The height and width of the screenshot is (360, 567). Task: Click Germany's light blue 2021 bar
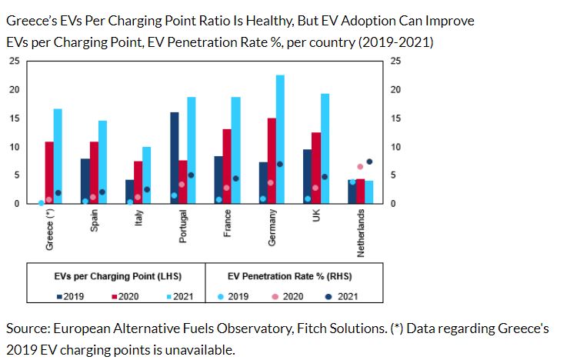pyautogui.click(x=280, y=139)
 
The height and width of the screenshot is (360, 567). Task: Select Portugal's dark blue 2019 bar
pyautogui.click(x=174, y=158)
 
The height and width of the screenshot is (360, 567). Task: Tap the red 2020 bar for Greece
pyautogui.click(x=49, y=172)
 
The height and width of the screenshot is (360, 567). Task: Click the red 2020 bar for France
pyautogui.click(x=227, y=166)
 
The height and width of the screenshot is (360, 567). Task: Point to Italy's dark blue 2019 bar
pyautogui.click(x=130, y=192)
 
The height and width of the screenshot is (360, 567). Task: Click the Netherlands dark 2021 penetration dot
pyautogui.click(x=369, y=162)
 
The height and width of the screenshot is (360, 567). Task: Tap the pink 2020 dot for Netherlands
pyautogui.click(x=360, y=166)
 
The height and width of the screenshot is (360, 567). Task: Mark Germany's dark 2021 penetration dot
pyautogui.click(x=280, y=164)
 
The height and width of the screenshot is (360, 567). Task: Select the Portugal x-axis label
pyautogui.click(x=183, y=226)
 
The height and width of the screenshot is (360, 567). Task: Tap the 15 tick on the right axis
pyautogui.click(x=395, y=118)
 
